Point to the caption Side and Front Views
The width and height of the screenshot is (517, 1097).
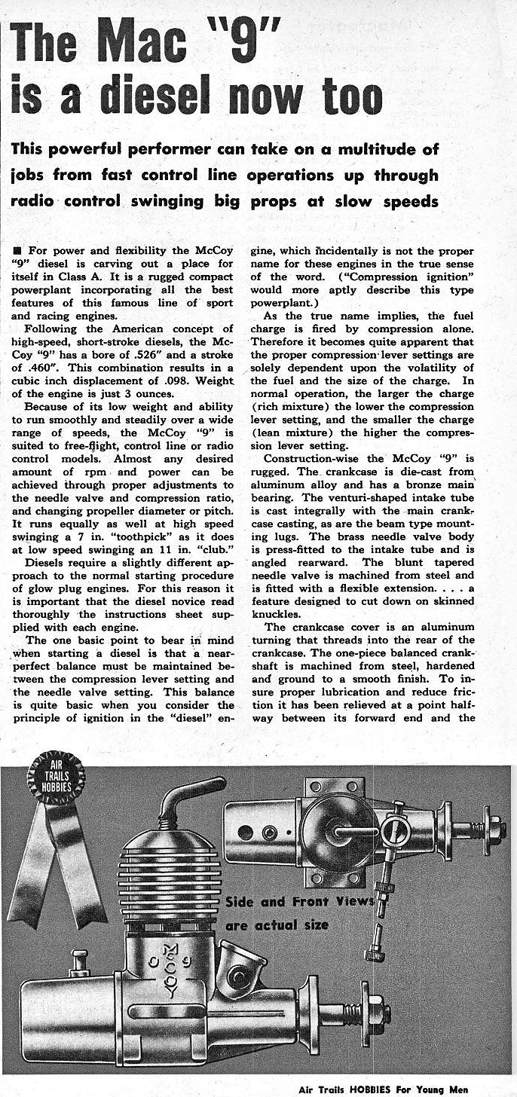pyautogui.click(x=300, y=901)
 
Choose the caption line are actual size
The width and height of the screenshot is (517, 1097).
pyautogui.click(x=277, y=924)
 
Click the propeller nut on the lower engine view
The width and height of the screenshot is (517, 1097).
pyautogui.click(x=378, y=1010)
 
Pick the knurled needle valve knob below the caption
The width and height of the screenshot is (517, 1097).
pyautogui.click(x=373, y=950)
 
